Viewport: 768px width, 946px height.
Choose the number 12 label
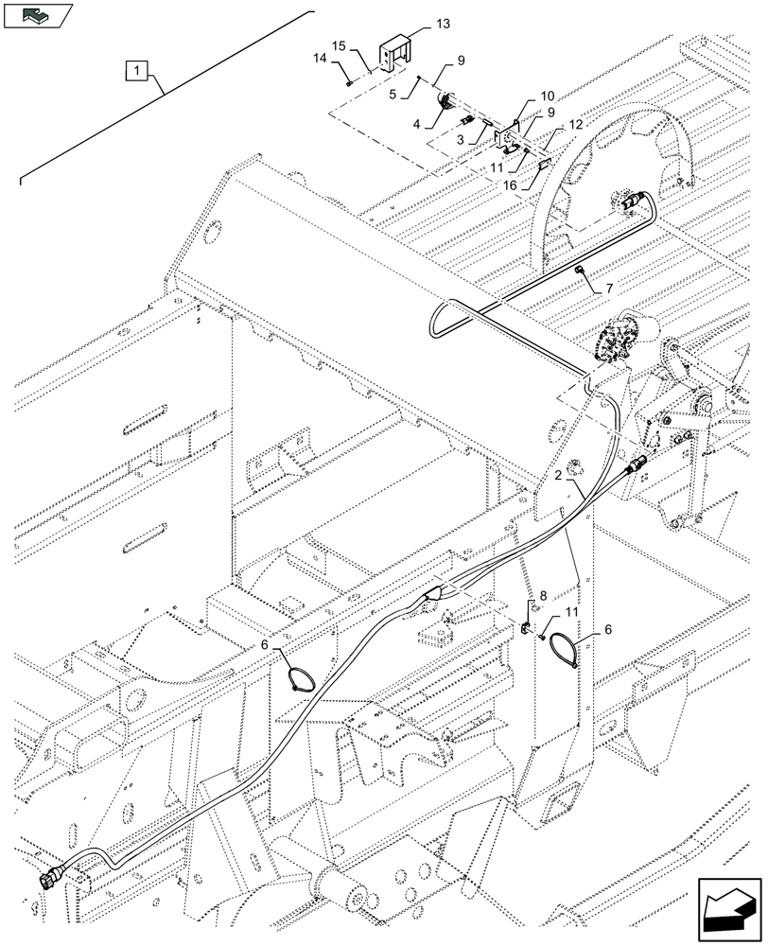575,127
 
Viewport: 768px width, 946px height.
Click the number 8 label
543,596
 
